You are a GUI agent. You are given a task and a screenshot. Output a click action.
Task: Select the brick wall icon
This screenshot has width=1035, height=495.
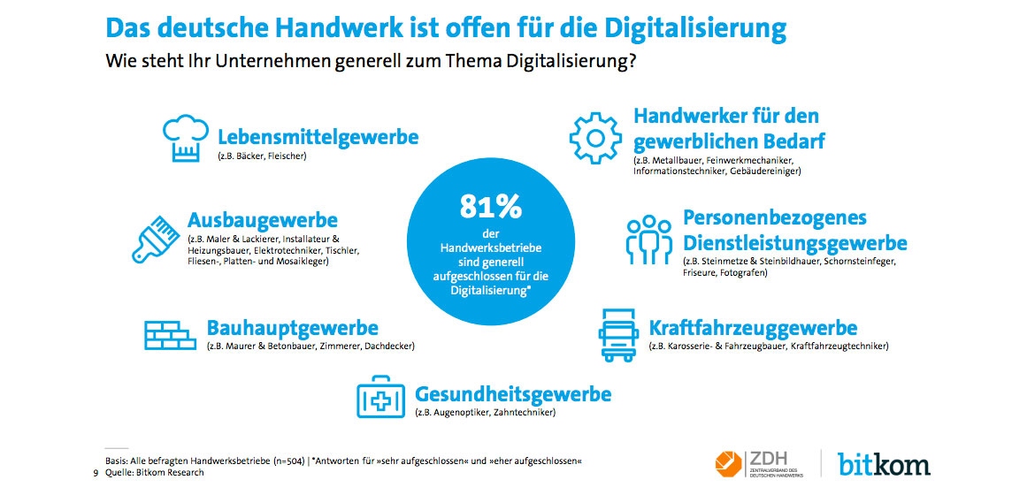point(168,334)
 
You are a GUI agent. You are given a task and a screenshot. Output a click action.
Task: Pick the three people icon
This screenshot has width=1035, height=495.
point(648,238)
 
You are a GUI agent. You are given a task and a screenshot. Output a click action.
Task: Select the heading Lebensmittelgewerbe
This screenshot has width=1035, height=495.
point(318,137)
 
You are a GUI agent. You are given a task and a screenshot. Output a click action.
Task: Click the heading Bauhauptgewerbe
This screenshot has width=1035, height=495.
point(293,328)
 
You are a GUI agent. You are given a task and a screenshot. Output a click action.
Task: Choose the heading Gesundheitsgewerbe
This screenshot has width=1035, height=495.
point(513,393)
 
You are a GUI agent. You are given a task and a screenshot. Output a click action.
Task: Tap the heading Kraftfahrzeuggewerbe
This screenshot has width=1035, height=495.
point(753,328)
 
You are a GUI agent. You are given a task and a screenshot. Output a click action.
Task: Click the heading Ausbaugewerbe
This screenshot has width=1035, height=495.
point(263,219)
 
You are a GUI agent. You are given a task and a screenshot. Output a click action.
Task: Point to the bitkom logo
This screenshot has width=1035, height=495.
point(885,462)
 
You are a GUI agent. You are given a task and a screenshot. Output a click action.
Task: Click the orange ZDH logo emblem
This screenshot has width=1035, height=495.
point(729,462)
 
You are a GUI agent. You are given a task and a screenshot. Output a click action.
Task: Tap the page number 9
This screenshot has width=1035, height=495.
point(96,473)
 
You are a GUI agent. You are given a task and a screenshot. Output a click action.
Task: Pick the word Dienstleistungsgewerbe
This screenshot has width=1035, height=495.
point(795,242)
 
